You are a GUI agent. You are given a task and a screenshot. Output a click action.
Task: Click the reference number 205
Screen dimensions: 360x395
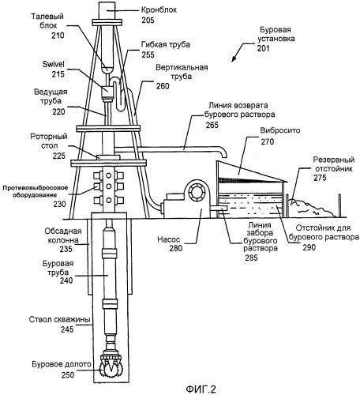pos(148,20)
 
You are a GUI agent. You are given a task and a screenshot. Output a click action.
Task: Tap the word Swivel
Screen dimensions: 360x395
pos(54,65)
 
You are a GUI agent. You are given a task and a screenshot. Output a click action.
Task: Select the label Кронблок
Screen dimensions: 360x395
pos(159,9)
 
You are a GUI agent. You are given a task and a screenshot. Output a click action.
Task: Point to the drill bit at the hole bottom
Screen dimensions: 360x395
pos(111,365)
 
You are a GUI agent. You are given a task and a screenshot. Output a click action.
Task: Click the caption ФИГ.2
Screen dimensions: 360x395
pos(201,389)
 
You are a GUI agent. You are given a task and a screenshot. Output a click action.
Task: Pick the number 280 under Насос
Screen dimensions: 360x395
pos(175,248)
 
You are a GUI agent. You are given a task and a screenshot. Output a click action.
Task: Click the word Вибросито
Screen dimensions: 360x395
pos(280,130)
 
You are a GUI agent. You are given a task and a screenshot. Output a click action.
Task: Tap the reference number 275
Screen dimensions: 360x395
pos(320,178)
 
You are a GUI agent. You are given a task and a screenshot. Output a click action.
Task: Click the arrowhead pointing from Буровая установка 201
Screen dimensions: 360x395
pos(234,59)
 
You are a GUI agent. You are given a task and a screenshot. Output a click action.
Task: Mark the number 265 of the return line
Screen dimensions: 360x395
pos(212,125)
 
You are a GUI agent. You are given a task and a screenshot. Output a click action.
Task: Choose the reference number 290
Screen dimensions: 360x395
pos(309,247)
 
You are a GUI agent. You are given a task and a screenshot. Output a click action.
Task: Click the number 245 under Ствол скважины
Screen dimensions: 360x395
pos(67,329)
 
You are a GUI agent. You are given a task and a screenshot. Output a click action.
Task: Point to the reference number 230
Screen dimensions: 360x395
pos(59,204)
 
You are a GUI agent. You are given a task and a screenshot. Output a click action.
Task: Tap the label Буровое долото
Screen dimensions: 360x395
pos(62,364)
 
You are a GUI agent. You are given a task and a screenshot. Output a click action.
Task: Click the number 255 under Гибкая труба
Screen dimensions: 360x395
pos(148,55)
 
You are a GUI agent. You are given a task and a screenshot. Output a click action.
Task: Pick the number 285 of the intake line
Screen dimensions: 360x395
pos(251,258)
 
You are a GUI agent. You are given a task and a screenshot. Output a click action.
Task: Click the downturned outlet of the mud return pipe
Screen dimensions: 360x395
pos(223,153)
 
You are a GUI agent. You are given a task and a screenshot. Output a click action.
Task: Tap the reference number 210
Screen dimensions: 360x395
pos(58,36)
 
